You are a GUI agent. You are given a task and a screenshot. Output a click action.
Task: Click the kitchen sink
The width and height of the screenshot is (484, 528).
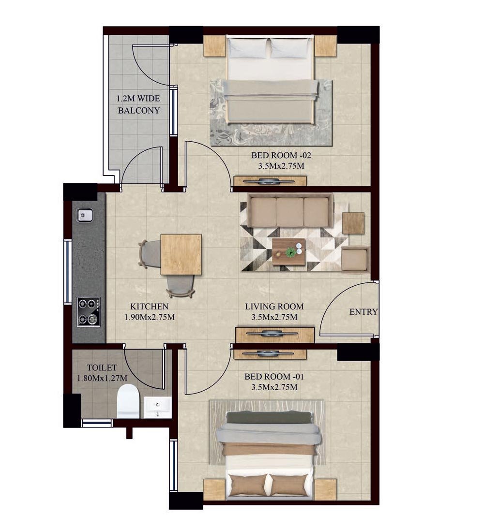pyautogui.click(x=85, y=215)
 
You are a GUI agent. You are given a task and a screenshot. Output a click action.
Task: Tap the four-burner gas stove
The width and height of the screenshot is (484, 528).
pyautogui.click(x=88, y=312)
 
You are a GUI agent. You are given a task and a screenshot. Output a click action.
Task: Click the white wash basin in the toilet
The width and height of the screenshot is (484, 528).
pyautogui.click(x=157, y=408)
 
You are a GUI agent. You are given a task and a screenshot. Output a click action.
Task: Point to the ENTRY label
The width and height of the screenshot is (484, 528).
pyautogui.click(x=363, y=312)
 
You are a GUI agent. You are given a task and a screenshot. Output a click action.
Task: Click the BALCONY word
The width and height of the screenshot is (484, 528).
pyautogui.click(x=139, y=110)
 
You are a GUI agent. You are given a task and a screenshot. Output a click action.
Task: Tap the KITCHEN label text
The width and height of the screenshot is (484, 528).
pyautogui.click(x=149, y=307)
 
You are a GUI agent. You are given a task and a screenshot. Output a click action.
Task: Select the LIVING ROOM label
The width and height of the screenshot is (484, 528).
pyautogui.click(x=274, y=307)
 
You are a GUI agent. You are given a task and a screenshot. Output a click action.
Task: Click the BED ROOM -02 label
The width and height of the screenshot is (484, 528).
pyautogui.click(x=281, y=155)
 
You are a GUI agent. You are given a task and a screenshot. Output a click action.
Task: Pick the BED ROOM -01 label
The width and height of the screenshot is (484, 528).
pyautogui.click(x=274, y=377)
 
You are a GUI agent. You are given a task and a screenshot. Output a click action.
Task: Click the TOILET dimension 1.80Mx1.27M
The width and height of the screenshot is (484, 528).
pyautogui.click(x=102, y=378)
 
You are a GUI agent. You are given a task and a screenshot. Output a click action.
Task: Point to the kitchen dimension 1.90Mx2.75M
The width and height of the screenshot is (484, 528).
pyautogui.click(x=150, y=317)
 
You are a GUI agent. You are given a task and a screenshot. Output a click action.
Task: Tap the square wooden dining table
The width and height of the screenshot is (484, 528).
pyautogui.click(x=181, y=254)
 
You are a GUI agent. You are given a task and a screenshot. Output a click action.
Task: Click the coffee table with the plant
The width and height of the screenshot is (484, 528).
pyautogui.click(x=289, y=252)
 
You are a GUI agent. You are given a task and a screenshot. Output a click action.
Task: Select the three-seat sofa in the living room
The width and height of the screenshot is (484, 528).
pyautogui.click(x=290, y=210)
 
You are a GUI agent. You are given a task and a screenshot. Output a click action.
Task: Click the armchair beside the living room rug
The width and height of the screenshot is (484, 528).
pyautogui.click(x=355, y=259)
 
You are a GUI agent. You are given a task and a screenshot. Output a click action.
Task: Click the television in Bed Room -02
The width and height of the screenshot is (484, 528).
pyautogui.click(x=269, y=182)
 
